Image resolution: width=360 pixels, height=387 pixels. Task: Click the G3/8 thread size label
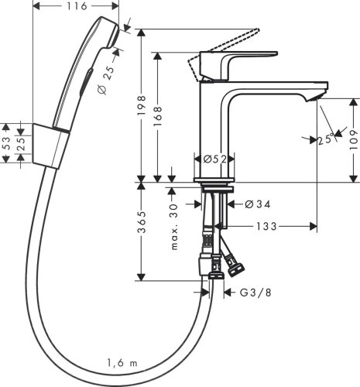[255, 293]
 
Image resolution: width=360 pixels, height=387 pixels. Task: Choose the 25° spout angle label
[325, 139]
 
